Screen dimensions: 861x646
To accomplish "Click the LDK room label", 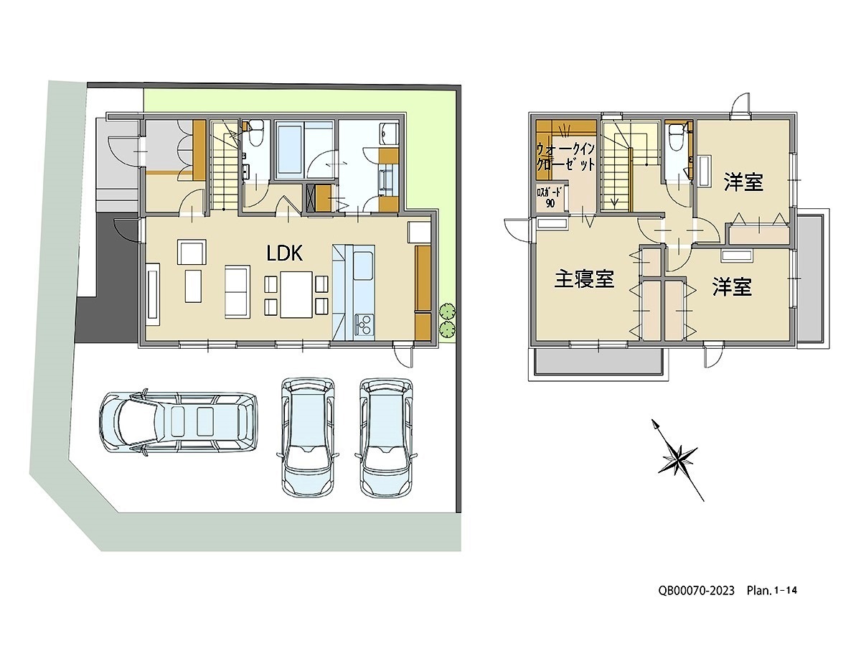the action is pyautogui.click(x=284, y=254).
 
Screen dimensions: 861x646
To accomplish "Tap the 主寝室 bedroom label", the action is pyautogui.click(x=584, y=279).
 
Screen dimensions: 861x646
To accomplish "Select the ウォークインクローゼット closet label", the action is pyautogui.click(x=565, y=156).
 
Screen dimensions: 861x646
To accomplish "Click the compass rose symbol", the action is pyautogui.click(x=678, y=461).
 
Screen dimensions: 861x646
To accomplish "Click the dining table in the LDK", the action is pyautogui.click(x=296, y=294).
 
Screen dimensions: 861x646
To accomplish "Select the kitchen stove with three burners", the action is pyautogui.click(x=364, y=324).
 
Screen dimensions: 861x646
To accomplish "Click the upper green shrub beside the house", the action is pyautogui.click(x=447, y=311).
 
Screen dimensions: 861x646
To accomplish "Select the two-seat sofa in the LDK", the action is pyautogui.click(x=237, y=292).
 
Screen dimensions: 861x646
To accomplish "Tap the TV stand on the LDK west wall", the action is pyautogui.click(x=154, y=294).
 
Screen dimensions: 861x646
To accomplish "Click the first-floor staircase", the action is pyautogui.click(x=225, y=165).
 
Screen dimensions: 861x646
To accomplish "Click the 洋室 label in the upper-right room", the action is pyautogui.click(x=743, y=182).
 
